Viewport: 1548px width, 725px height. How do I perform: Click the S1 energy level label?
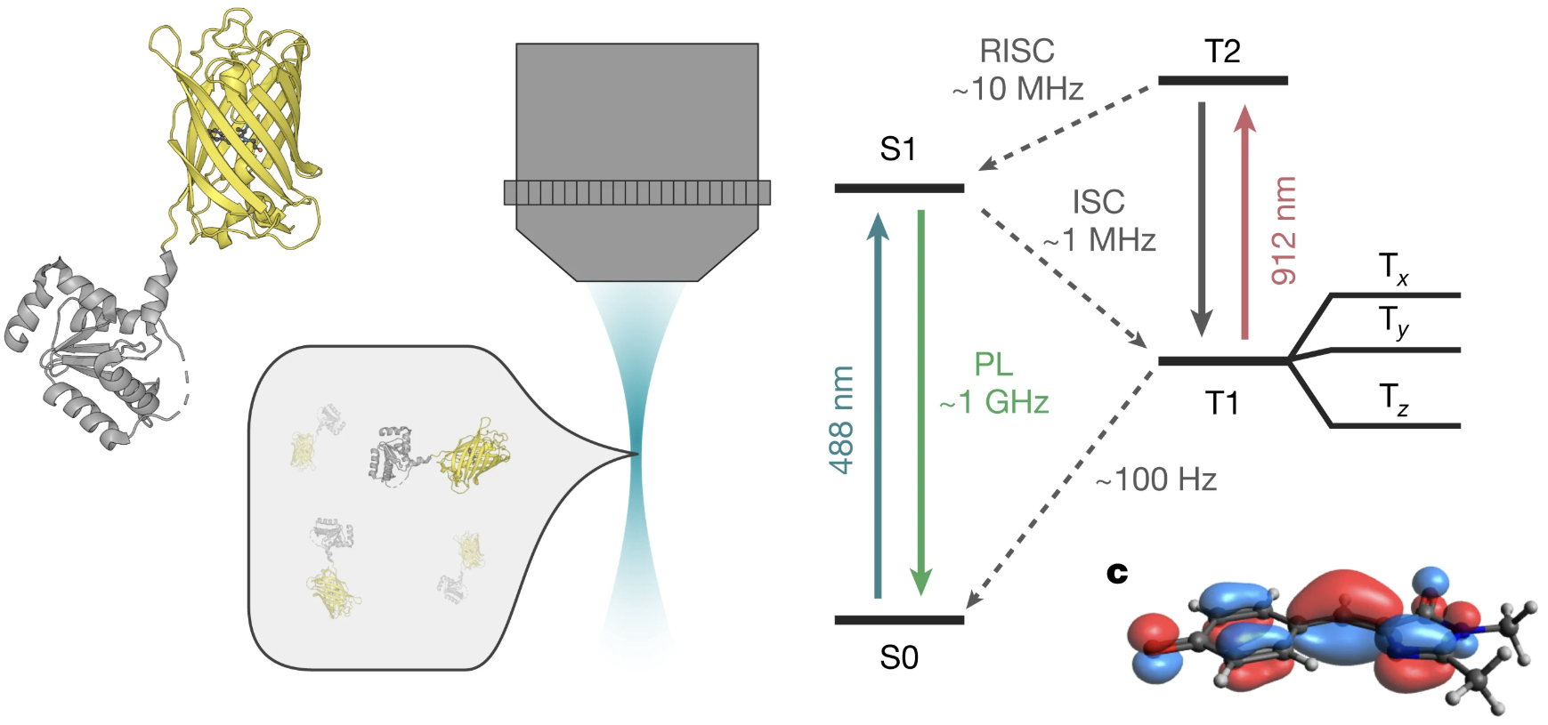[897, 149]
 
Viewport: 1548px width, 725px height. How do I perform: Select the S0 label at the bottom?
[898, 657]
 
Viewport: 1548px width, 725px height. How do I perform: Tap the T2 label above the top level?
[1222, 52]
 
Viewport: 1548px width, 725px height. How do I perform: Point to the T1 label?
[1222, 403]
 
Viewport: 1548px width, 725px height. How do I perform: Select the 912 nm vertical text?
[1284, 230]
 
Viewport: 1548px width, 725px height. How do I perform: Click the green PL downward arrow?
[921, 400]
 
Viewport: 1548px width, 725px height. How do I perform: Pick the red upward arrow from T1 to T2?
[1244, 222]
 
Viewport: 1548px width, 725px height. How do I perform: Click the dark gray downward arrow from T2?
[1202, 218]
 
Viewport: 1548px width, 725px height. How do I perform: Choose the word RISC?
[1017, 52]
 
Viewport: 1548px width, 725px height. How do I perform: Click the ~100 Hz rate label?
[1155, 480]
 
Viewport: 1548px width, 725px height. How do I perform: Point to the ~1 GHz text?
[994, 402]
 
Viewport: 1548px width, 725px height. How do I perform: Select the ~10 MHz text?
[1017, 90]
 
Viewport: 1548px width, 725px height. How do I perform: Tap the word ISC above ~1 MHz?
[1098, 203]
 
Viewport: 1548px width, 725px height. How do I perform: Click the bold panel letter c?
[1117, 574]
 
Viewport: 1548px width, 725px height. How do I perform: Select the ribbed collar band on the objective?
[636, 193]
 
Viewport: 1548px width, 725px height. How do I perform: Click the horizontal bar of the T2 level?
[1222, 81]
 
